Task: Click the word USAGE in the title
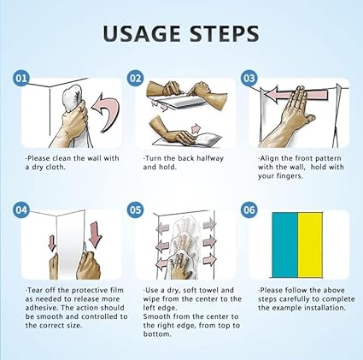(x=142, y=33)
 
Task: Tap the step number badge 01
(x=20, y=78)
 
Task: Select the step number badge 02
(x=136, y=78)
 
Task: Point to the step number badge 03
(x=249, y=78)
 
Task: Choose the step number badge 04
(x=20, y=210)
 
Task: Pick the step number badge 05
(x=136, y=210)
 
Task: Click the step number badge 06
(x=249, y=210)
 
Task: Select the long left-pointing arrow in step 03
(x=296, y=95)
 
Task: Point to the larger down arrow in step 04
(x=96, y=234)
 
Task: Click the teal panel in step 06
(x=285, y=245)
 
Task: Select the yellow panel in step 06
(x=310, y=245)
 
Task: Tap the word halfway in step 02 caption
(x=208, y=158)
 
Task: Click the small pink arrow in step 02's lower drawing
(x=196, y=128)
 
